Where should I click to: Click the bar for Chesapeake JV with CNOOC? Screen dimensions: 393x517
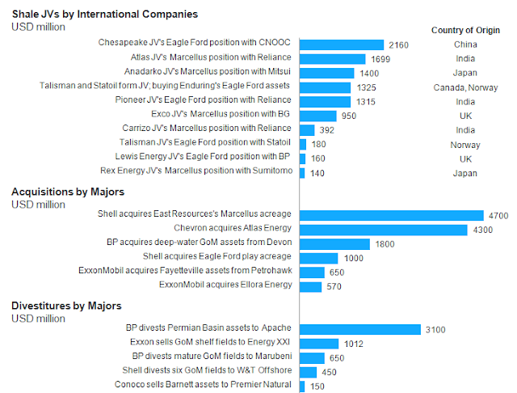[x=342, y=44]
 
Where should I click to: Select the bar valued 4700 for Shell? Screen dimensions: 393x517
[x=392, y=215]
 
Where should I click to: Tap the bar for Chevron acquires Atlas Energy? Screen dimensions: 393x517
[x=384, y=230]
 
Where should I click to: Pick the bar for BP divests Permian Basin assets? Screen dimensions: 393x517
[x=360, y=329]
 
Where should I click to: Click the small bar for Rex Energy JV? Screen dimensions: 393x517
[x=302, y=173]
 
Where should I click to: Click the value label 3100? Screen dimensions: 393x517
[x=435, y=329]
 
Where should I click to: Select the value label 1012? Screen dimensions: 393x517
[x=352, y=344]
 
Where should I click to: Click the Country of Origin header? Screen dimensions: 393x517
[x=464, y=30]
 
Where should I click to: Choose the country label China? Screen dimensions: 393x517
[x=464, y=44]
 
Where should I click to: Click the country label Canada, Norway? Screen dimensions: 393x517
[x=464, y=87]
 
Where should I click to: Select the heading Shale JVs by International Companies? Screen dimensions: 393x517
[x=105, y=14]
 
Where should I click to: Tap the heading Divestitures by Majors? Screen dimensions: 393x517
[x=66, y=306]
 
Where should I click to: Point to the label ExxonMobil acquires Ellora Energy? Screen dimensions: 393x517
[x=225, y=285]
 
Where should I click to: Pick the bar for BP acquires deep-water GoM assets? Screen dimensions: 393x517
[x=334, y=243]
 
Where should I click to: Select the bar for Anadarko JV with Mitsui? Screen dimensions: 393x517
[x=327, y=73]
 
